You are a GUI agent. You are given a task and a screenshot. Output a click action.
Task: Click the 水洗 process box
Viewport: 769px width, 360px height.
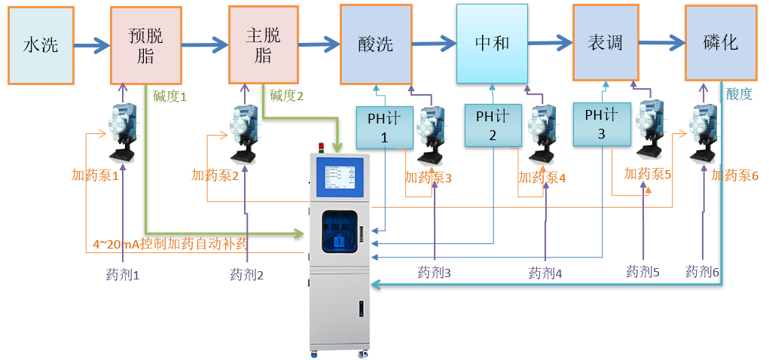41,45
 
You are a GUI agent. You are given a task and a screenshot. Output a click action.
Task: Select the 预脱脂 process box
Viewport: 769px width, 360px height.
146,45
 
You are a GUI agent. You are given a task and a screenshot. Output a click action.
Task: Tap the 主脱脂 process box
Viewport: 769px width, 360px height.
264,45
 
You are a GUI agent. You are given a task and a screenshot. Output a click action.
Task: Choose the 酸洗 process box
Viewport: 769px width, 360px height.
375,44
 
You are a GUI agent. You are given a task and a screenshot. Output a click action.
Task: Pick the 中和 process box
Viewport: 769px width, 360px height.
492,43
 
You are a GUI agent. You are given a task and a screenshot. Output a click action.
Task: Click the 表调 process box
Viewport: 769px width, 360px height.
606,42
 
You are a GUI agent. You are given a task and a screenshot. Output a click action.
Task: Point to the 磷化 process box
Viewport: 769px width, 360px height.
720,43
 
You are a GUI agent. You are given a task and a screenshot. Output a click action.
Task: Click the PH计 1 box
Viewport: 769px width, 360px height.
385,127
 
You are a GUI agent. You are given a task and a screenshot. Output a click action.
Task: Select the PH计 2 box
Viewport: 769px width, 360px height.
493,125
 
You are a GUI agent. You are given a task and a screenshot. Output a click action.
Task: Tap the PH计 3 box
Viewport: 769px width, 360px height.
601,124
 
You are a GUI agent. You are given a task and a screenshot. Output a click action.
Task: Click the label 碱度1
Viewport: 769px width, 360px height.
169,96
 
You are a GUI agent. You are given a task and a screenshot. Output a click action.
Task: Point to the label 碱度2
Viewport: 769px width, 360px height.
287,96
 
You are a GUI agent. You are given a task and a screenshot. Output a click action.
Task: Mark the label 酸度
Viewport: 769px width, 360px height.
739,93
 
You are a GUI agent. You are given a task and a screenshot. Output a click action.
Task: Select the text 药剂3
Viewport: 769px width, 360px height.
435,272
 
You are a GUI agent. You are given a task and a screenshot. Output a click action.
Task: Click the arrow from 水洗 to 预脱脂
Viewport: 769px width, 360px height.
93,45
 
